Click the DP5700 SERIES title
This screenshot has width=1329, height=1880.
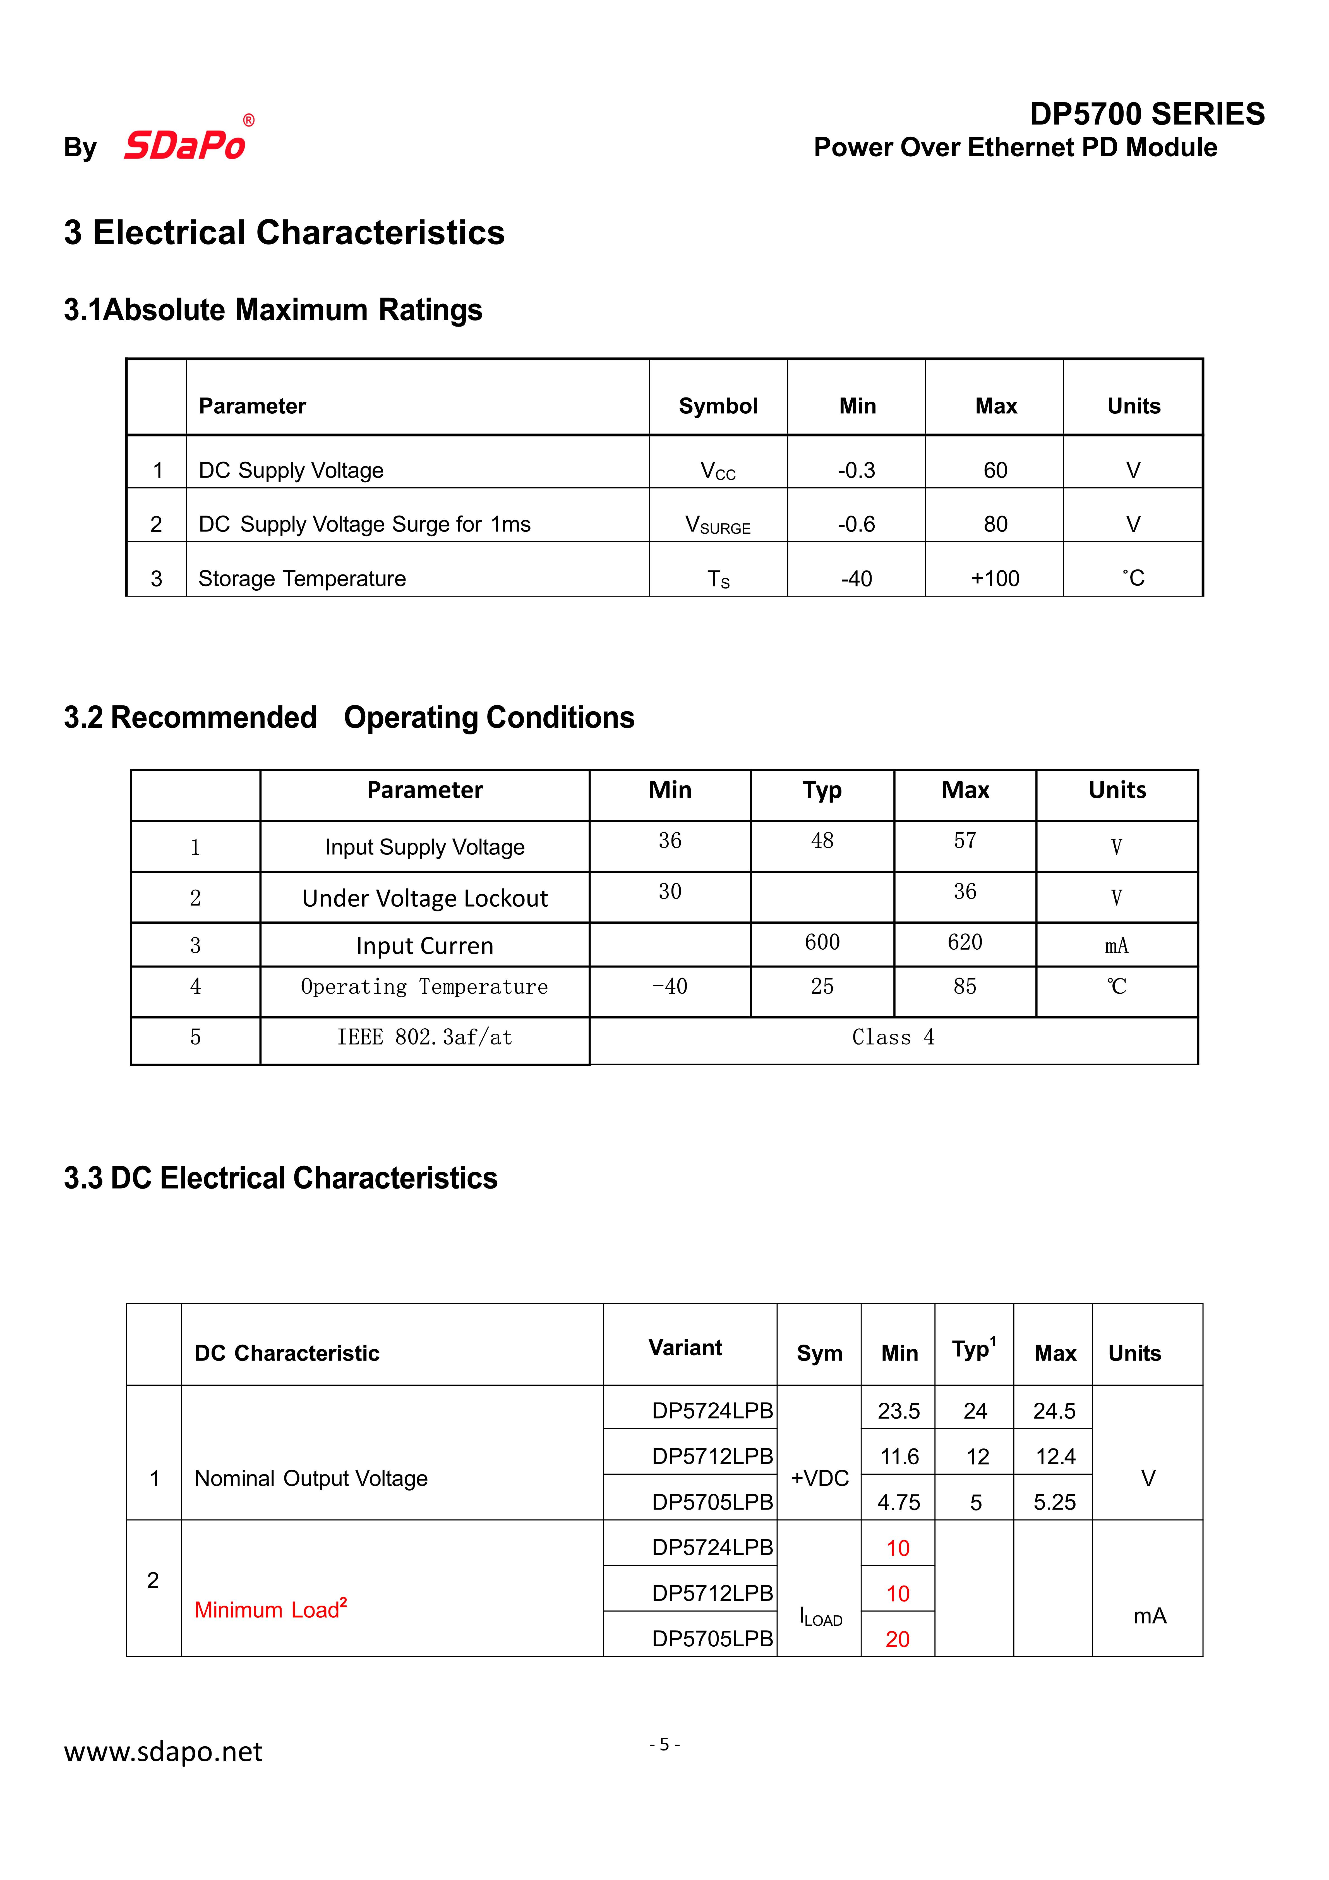click(x=1146, y=114)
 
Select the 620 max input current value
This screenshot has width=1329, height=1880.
click(x=965, y=942)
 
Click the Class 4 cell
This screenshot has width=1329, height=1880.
click(x=893, y=1038)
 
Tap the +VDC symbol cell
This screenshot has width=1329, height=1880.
click(x=819, y=1478)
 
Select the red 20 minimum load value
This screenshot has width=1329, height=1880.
click(x=898, y=1639)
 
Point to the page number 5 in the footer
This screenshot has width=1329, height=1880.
click(x=664, y=1744)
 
